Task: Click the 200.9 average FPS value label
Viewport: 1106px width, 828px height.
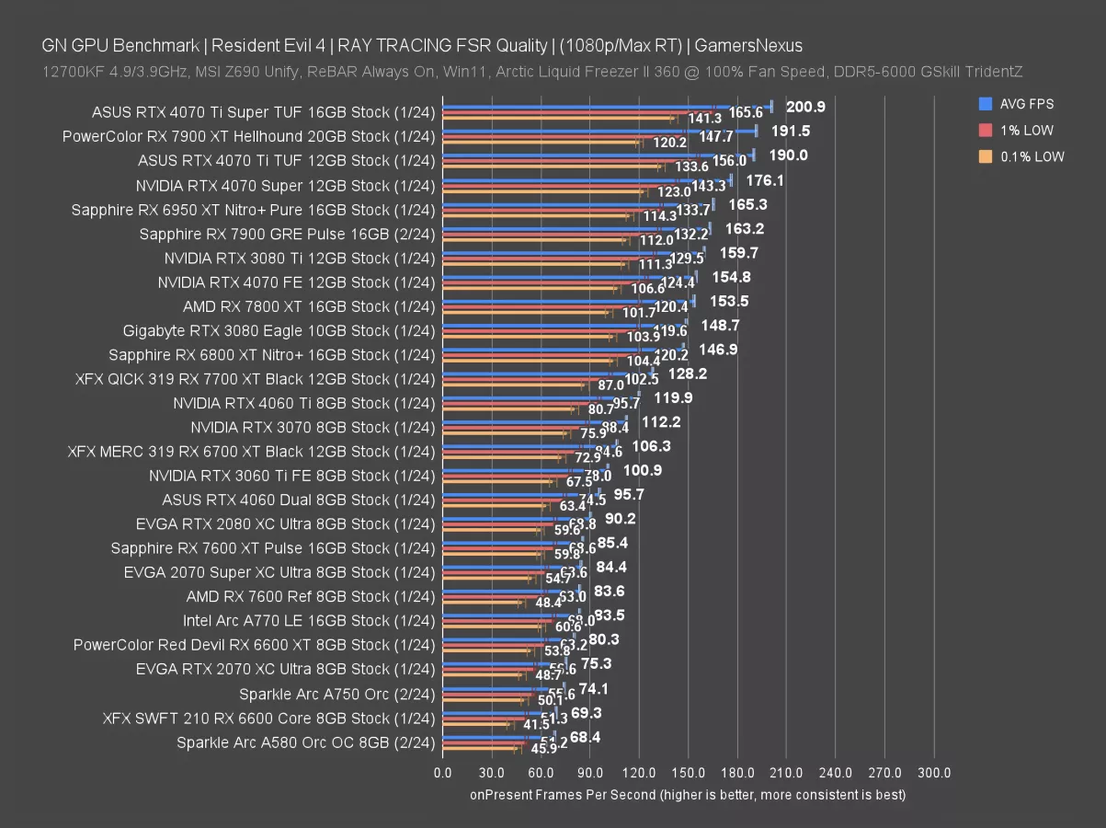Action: click(805, 107)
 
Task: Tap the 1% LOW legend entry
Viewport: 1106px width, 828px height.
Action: click(1027, 131)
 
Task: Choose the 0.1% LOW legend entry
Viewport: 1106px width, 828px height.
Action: click(1032, 156)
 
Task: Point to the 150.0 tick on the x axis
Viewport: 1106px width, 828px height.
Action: click(689, 773)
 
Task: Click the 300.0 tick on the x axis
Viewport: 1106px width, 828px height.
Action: click(934, 773)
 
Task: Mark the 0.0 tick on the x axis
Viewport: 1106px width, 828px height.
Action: click(442, 773)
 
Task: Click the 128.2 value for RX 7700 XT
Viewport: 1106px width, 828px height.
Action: click(688, 374)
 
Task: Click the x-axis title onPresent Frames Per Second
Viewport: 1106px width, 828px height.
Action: click(688, 795)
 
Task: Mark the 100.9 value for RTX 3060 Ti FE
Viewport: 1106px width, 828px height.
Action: click(643, 470)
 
